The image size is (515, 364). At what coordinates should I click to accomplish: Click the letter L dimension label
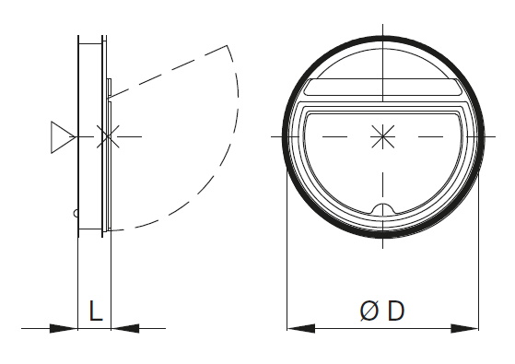pyautogui.click(x=96, y=311)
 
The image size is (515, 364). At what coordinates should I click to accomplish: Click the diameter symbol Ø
pyautogui.click(x=369, y=311)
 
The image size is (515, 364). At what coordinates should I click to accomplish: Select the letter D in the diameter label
pyautogui.click(x=395, y=311)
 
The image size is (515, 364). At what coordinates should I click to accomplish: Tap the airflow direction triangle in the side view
pyautogui.click(x=63, y=137)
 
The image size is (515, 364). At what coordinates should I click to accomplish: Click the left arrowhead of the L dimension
pyautogui.click(x=64, y=328)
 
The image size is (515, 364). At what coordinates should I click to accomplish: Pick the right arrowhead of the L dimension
pyautogui.click(x=125, y=328)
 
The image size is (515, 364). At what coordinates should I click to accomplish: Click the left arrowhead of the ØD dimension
pyautogui.click(x=301, y=328)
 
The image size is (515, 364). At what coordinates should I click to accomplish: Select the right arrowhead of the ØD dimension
pyautogui.click(x=464, y=328)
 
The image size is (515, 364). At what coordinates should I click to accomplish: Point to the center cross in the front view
pyautogui.click(x=382, y=136)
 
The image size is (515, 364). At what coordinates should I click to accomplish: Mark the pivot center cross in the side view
pyautogui.click(x=108, y=136)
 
